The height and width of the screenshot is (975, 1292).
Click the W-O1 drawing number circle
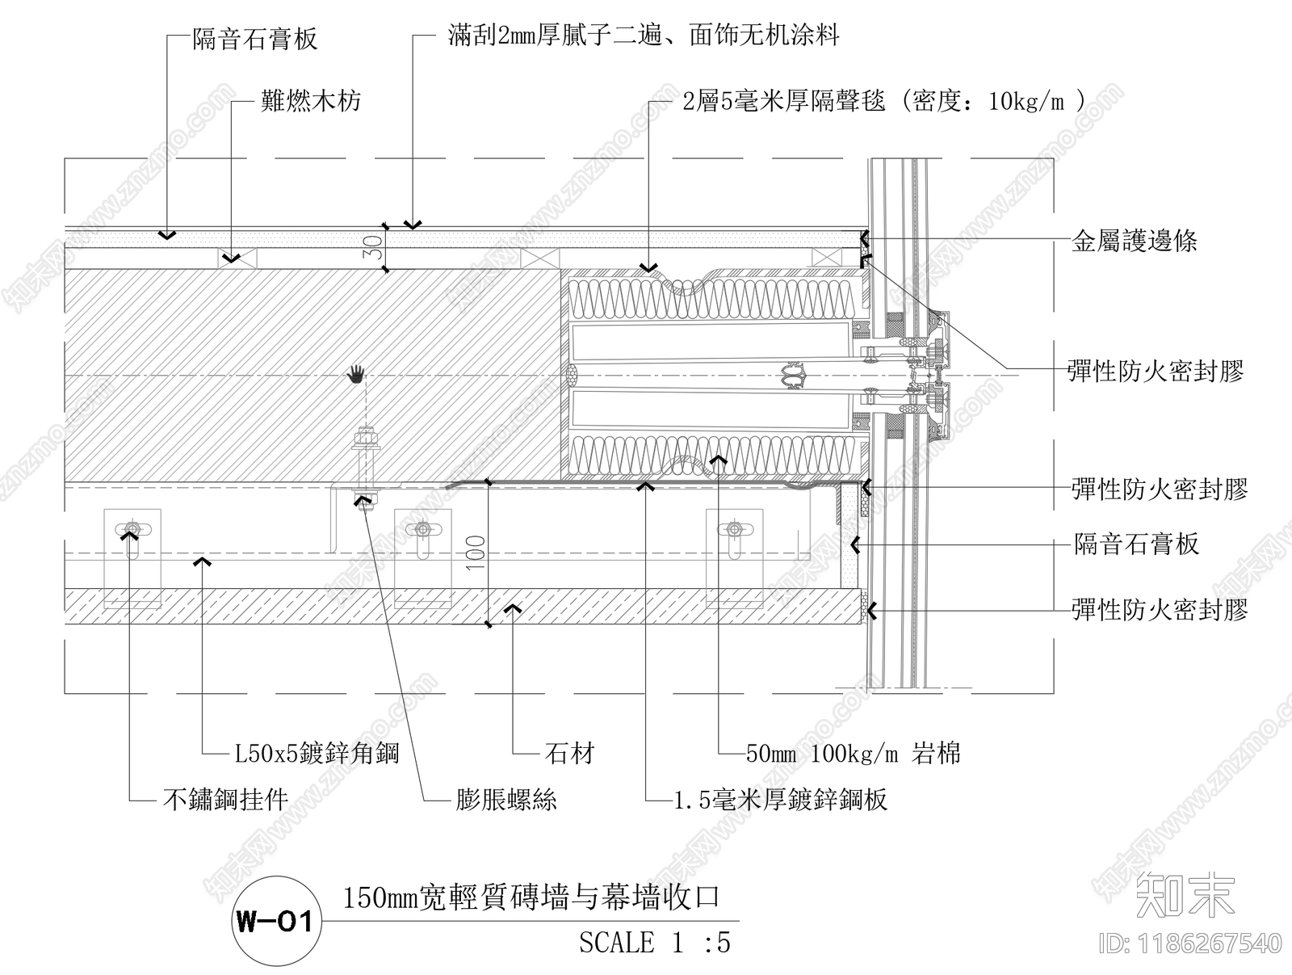pos(274,921)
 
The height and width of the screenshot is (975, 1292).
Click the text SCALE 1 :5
pos(654,943)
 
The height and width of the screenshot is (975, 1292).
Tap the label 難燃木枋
pos(310,101)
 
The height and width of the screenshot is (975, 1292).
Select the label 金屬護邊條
pos(1134,241)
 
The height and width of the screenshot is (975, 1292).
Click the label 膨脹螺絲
pos(506,800)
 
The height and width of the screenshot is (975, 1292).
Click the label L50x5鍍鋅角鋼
pos(317,754)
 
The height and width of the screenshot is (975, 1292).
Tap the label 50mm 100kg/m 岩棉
pos(853,754)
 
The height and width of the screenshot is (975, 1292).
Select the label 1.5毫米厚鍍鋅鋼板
pos(781,800)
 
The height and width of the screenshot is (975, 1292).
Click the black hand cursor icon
pos(356,373)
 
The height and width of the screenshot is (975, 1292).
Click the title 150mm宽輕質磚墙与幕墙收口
pos(531,897)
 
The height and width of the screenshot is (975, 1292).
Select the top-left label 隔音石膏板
pos(255,39)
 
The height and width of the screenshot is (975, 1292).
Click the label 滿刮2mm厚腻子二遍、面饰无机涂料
pos(644,36)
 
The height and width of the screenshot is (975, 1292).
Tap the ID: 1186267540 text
pos(1190,943)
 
